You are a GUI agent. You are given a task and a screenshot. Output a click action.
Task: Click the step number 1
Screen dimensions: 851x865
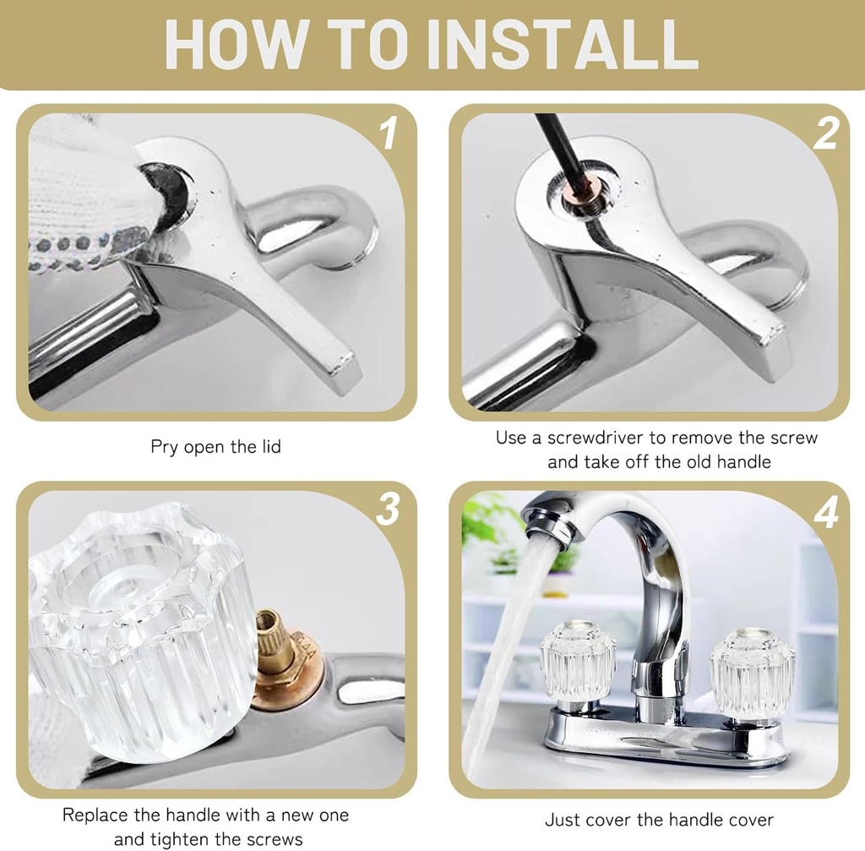(388, 134)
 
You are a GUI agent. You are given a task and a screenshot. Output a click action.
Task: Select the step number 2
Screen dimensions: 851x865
(825, 134)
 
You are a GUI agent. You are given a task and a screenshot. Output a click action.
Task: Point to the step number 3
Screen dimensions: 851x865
(388, 510)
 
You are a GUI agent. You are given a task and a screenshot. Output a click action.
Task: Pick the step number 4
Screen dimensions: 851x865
(825, 511)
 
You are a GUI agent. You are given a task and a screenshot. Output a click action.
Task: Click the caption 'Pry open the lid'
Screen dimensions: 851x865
(215, 446)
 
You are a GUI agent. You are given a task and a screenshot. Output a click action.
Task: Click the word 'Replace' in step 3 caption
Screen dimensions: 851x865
(95, 816)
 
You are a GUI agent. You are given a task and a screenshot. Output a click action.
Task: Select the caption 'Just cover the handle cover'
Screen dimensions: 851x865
(659, 820)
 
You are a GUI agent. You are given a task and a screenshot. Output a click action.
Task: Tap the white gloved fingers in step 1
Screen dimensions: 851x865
(80, 203)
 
